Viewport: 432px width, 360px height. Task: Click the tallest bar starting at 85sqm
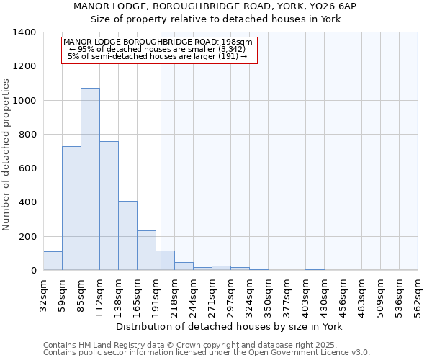(90, 179)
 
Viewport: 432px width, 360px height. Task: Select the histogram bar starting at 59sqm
(71, 208)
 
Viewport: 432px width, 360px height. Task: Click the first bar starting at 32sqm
(53, 261)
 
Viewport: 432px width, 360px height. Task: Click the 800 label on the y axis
(27, 135)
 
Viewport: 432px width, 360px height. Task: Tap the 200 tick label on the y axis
(27, 237)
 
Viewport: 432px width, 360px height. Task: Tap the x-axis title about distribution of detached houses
(230, 326)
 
